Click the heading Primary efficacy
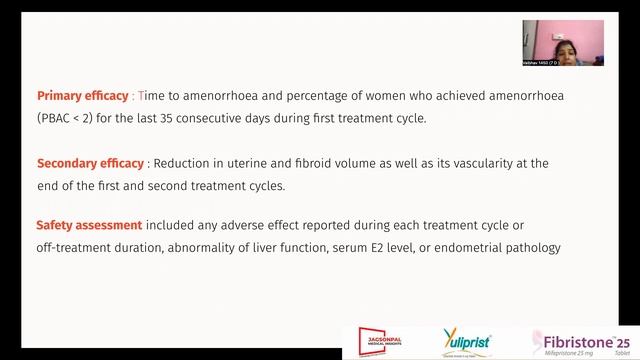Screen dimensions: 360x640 (83, 96)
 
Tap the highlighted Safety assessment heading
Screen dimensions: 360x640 (88, 223)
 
